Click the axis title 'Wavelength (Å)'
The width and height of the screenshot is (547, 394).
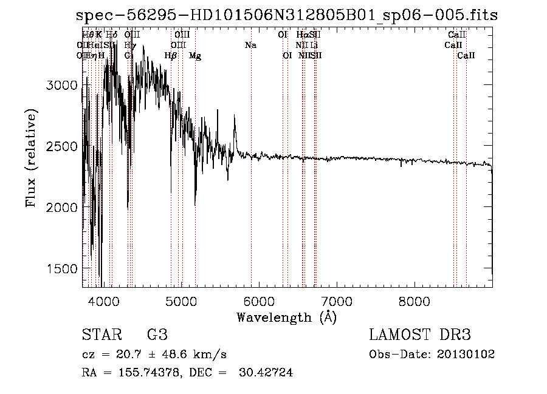(x=286, y=317)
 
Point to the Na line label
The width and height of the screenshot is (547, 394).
(x=250, y=45)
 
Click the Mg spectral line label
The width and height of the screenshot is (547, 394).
(x=195, y=55)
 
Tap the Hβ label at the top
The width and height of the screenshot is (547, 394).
(x=171, y=55)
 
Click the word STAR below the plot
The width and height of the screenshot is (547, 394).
(x=101, y=335)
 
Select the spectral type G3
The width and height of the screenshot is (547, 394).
(x=157, y=335)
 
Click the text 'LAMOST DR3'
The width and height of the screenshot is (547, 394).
(x=420, y=335)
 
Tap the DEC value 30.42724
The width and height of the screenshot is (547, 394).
(x=267, y=373)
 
